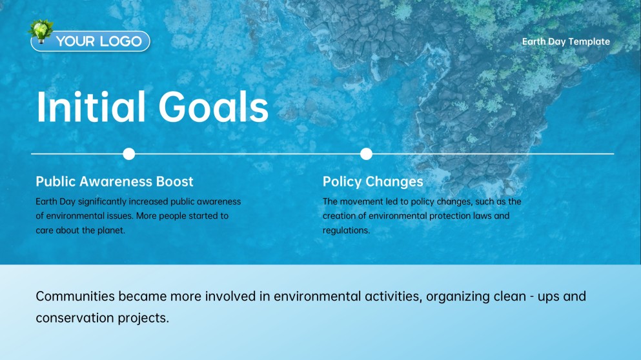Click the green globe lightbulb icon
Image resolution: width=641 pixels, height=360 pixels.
(x=41, y=31)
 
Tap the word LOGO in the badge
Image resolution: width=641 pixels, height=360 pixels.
(x=121, y=41)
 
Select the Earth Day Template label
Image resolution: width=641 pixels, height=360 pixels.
(x=565, y=42)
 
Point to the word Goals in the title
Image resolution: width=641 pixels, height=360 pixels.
(x=214, y=107)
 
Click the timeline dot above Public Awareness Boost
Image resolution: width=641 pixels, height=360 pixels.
(x=128, y=154)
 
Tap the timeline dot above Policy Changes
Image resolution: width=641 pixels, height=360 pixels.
(x=366, y=154)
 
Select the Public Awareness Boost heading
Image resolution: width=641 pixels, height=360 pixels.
(x=114, y=181)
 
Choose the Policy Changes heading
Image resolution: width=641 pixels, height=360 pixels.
(x=373, y=182)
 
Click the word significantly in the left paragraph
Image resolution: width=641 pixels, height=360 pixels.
(x=103, y=202)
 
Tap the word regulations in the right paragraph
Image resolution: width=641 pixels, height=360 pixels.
(x=346, y=230)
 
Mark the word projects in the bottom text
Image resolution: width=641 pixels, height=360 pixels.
(x=143, y=318)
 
